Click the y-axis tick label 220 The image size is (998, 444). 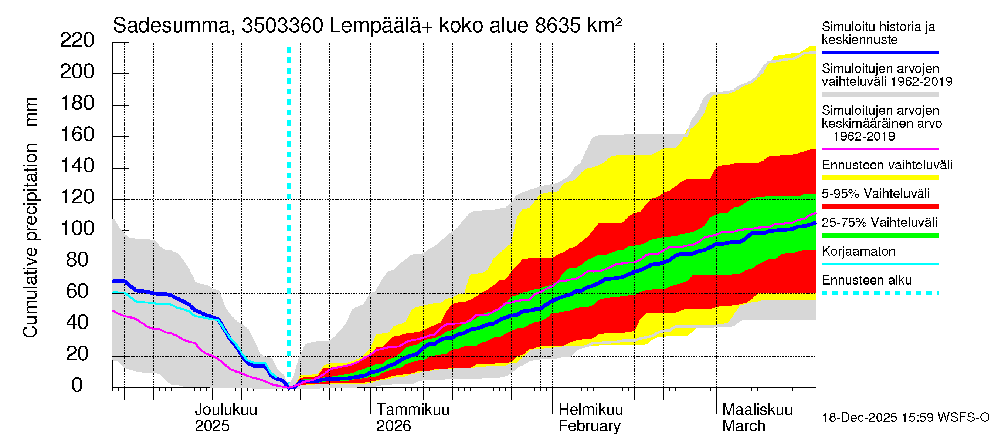[77, 40]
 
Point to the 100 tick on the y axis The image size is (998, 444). [77, 229]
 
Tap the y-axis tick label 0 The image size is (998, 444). [77, 386]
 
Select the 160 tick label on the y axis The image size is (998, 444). [77, 135]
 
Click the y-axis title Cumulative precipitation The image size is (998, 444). [30, 240]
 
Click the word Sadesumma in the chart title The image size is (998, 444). [171, 26]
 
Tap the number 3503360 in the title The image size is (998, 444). [282, 26]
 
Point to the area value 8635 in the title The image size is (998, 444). [557, 26]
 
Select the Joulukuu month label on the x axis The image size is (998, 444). [225, 410]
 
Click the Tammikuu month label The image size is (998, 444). [413, 410]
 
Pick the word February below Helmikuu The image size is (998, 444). [589, 426]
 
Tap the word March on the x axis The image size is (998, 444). [743, 426]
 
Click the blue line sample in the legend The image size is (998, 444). [880, 52]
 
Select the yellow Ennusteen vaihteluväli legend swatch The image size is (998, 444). [880, 178]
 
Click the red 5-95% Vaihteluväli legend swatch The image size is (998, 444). [880, 206]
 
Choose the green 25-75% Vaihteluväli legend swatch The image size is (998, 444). [880, 235]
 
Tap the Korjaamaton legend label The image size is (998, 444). [858, 252]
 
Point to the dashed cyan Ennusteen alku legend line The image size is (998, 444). [880, 293]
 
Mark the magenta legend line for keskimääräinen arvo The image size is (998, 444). [880, 149]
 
